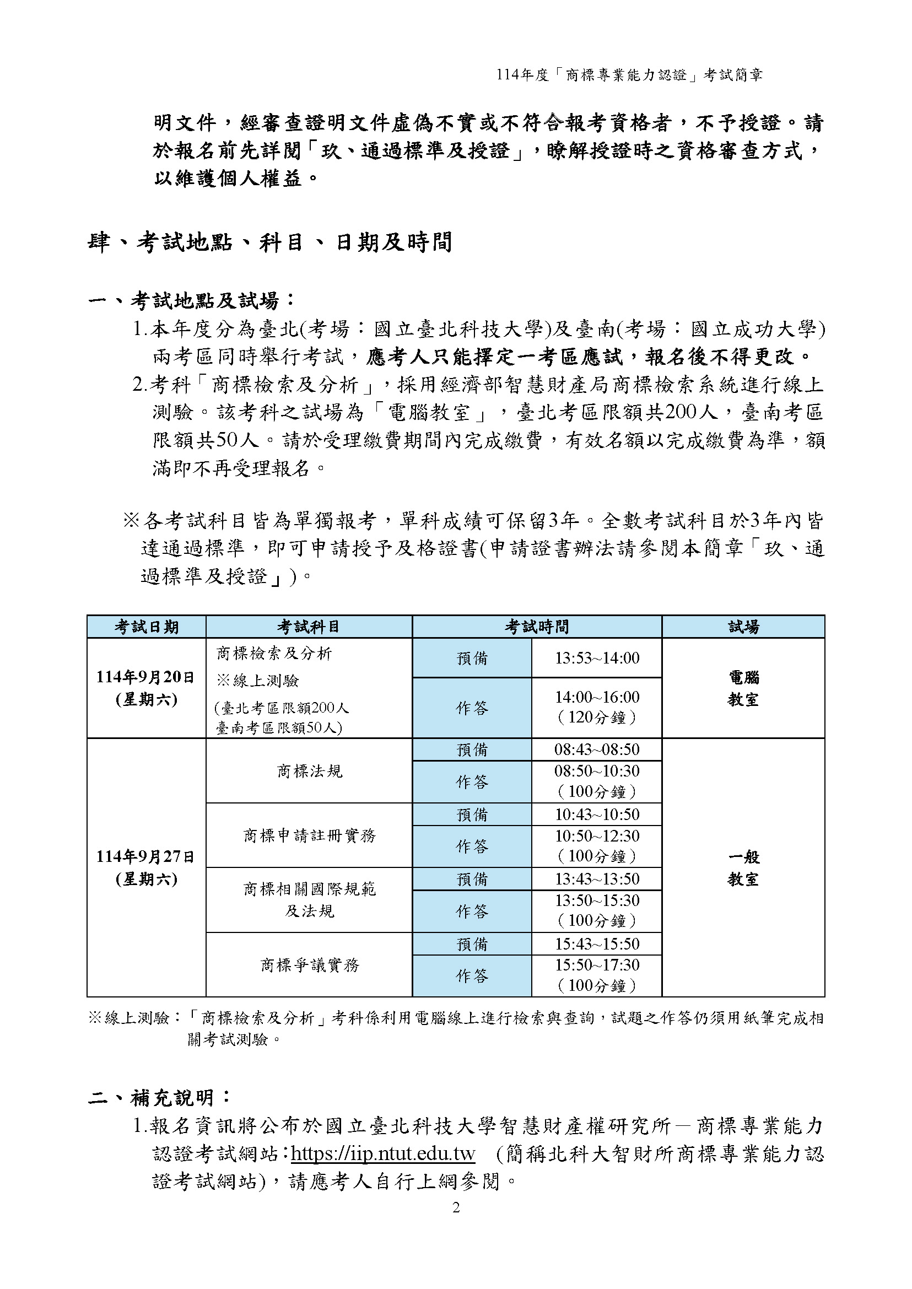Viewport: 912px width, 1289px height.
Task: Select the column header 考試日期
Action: coord(147,627)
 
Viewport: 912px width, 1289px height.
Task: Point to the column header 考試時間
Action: coord(537,627)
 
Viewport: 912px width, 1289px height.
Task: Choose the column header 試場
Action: coord(743,627)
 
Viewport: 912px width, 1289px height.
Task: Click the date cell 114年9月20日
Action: coord(146,677)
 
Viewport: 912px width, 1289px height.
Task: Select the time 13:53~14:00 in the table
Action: coord(596,657)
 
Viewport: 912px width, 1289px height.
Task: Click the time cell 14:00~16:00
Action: coord(596,697)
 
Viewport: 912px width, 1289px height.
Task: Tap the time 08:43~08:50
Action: coord(596,750)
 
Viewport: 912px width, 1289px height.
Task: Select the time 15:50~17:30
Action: coord(596,965)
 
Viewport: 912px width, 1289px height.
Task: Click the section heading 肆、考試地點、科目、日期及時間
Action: coord(269,242)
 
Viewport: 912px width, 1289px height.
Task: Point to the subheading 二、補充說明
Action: coord(159,1097)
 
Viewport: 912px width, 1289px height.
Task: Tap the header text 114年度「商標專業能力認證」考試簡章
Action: coord(629,75)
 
